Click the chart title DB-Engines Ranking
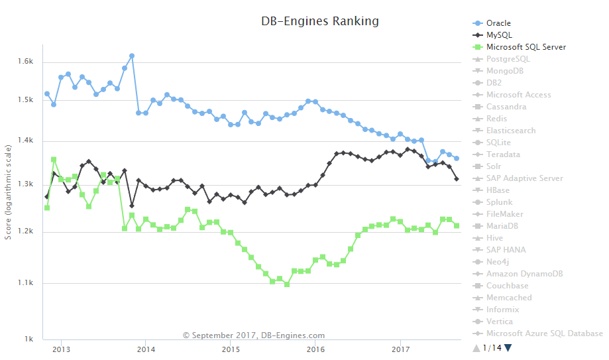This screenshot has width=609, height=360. [320, 21]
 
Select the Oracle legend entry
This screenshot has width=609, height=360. [498, 23]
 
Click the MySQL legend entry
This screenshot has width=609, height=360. [498, 35]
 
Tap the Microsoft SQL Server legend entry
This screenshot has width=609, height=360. [526, 47]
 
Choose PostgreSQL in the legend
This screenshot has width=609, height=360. [508, 59]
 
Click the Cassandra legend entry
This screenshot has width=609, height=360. [506, 107]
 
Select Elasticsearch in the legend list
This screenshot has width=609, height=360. [510, 131]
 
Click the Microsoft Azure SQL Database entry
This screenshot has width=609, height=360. [544, 333]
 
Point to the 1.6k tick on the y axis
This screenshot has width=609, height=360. [25, 62]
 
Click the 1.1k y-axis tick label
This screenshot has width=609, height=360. [25, 283]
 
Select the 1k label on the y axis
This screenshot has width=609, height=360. [29, 339]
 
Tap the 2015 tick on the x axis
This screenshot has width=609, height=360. [231, 349]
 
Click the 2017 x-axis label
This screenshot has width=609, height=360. [400, 349]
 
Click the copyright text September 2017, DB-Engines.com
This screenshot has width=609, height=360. [254, 335]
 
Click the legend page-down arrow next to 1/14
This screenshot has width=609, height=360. [508, 347]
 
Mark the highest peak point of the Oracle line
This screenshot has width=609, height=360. [132, 56]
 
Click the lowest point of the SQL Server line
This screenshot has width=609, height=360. [287, 284]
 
